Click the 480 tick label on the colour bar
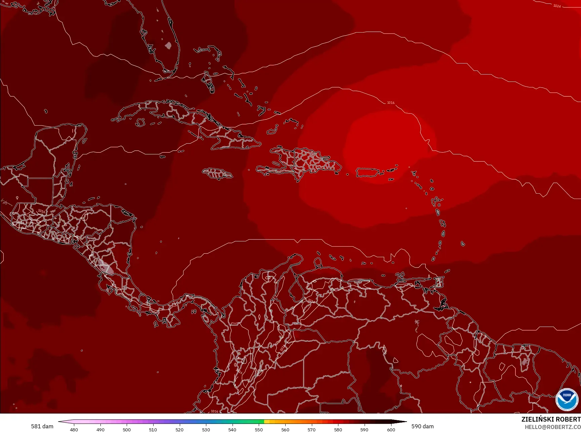[x=74, y=429]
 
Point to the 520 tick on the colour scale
[x=179, y=429]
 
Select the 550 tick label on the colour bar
[x=259, y=429]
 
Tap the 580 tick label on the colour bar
[x=338, y=429]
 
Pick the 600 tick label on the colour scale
[x=391, y=429]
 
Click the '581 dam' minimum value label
[x=42, y=426]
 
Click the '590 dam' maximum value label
[x=422, y=426]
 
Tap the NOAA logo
[x=567, y=399]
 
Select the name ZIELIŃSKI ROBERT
[x=551, y=419]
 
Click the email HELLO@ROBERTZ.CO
[x=553, y=427]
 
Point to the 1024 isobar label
[x=557, y=6]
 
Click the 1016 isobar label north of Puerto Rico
[x=390, y=103]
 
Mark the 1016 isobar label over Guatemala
[x=41, y=211]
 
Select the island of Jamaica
[x=217, y=174]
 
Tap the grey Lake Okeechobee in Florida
[x=168, y=45]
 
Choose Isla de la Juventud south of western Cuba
[x=140, y=122]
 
